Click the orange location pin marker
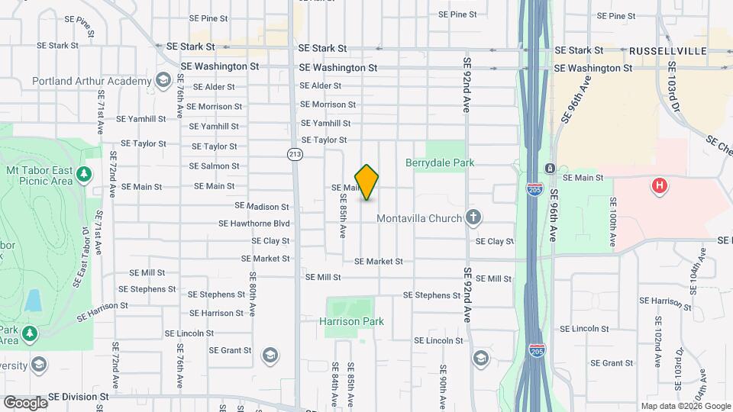[366, 182]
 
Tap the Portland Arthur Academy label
[92, 81]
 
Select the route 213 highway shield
[294, 154]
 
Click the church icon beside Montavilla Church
[473, 218]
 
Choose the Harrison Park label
[351, 322]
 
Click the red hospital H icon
[659, 185]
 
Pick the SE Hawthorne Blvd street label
[254, 224]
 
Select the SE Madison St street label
[262, 206]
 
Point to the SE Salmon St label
[214, 166]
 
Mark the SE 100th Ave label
[612, 221]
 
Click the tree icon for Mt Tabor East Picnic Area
[84, 175]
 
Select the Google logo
[25, 402]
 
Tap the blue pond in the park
[33, 300]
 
